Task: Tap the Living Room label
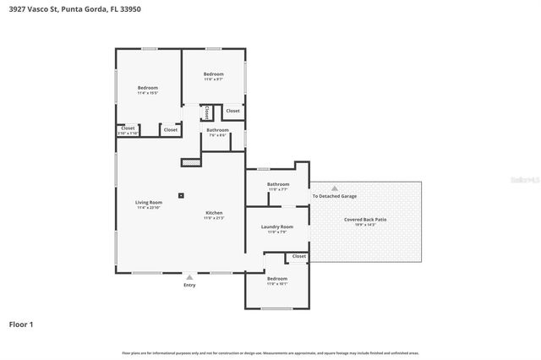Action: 148,204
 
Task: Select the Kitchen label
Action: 214,214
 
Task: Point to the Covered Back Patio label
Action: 365,221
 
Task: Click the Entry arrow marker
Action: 189,276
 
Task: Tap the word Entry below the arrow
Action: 189,285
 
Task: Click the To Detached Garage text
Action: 335,196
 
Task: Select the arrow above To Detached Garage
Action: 335,188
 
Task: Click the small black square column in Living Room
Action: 181,195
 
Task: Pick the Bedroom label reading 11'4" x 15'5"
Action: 148,90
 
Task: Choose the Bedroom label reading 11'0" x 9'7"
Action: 213,76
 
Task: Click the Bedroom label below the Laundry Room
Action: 277,280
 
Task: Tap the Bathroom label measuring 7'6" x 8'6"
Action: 217,132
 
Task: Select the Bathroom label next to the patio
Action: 278,186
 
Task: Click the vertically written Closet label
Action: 206,112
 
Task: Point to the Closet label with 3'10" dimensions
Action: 128,131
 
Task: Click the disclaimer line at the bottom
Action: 270,352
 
